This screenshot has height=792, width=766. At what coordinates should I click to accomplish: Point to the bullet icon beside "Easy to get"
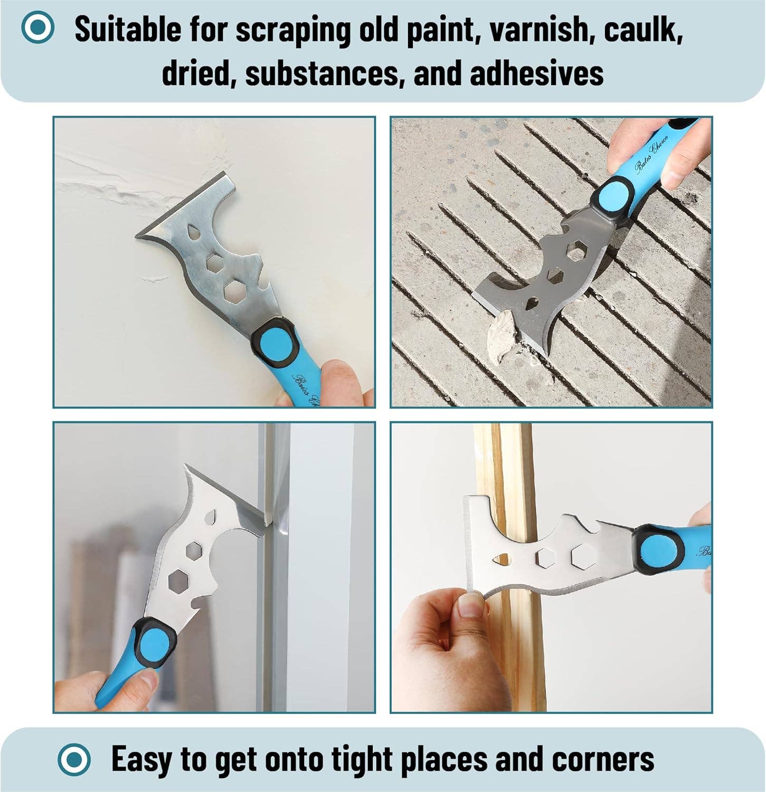(x=74, y=759)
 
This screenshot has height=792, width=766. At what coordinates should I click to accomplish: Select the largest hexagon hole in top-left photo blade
(x=237, y=291)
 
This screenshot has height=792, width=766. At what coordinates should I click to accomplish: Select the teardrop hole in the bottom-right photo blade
(x=502, y=558)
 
